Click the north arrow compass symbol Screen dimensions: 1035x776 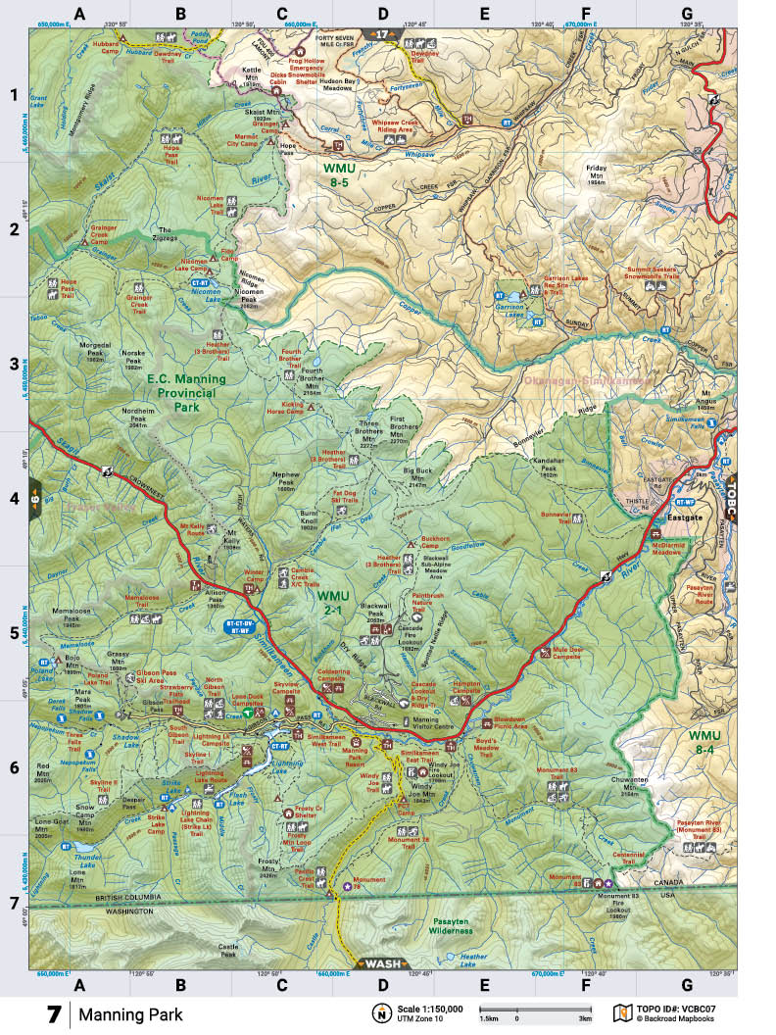[379, 1012]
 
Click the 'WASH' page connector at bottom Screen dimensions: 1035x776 [382, 962]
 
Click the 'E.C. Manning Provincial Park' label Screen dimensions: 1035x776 [186, 392]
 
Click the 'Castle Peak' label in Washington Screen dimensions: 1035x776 [228, 949]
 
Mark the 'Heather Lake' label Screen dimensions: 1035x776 [473, 961]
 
